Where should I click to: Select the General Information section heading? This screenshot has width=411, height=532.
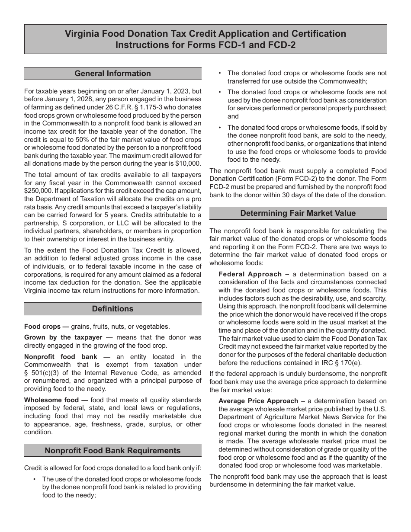point(112,74)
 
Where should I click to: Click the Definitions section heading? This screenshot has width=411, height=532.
point(112,309)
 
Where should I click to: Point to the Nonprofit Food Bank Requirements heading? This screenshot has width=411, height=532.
point(112,451)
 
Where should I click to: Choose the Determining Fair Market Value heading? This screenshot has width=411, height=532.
point(298,213)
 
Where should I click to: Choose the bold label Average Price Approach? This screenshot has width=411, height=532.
point(258,401)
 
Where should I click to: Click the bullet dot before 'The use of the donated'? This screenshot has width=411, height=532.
point(34,479)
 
